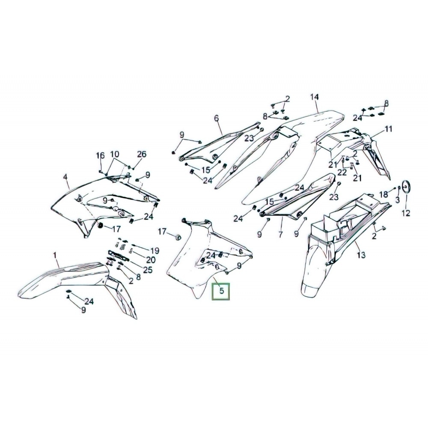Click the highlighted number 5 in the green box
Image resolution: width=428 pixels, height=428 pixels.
click(222, 291)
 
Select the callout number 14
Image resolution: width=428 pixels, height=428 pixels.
click(315, 97)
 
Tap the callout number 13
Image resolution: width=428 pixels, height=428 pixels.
click(361, 255)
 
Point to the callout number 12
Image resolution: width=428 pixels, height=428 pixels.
click(406, 213)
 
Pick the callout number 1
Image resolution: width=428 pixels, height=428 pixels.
click(55, 256)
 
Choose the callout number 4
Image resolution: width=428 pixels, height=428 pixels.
click(65, 177)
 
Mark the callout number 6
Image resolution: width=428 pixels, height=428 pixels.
click(217, 118)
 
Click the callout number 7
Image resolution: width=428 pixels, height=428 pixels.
click(280, 234)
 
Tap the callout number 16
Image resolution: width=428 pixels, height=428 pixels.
click(101, 156)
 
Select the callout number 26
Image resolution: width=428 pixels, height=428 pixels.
click(142, 154)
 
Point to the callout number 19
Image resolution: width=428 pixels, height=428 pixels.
click(155, 250)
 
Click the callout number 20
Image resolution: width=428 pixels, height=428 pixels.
click(151, 260)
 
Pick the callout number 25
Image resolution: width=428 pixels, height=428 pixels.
click(148, 270)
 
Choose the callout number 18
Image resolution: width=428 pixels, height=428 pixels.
click(384, 194)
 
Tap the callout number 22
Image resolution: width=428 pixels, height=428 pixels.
click(342, 172)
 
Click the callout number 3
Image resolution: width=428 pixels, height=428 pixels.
click(398, 199)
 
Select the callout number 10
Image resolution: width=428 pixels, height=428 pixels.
click(115, 154)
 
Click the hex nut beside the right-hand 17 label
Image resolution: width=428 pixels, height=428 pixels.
click(178, 237)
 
